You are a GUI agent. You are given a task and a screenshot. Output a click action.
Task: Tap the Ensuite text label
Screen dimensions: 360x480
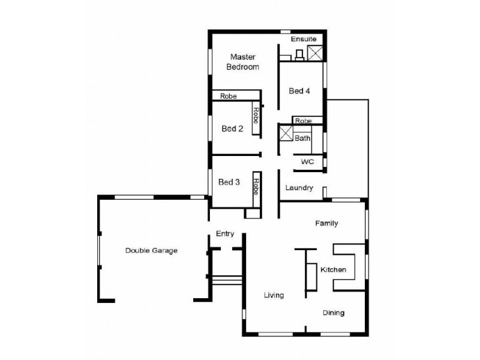(304, 39)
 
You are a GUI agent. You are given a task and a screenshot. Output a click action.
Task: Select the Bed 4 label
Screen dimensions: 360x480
(299, 91)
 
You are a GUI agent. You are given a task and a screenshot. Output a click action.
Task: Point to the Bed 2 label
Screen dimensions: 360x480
(232, 129)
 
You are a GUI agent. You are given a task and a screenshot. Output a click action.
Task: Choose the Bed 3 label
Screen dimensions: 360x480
(229, 182)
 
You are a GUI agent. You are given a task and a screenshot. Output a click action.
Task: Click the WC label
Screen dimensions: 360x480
(307, 162)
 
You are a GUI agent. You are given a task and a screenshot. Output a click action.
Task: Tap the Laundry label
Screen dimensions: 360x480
(299, 188)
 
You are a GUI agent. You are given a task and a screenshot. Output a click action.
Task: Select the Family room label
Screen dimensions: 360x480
(327, 223)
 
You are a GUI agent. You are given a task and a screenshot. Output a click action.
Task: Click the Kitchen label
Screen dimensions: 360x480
(333, 270)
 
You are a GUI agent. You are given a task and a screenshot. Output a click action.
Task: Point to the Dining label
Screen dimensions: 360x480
(334, 313)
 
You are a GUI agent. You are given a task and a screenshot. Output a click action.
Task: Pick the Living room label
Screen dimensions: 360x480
(274, 295)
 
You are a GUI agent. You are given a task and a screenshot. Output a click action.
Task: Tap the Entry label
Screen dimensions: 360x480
(224, 234)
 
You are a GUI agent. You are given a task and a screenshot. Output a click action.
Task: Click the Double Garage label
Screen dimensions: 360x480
(151, 250)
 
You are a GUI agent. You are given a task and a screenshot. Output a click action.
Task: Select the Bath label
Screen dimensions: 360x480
(302, 138)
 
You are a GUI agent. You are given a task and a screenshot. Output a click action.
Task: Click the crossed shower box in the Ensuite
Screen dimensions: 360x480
(315, 53)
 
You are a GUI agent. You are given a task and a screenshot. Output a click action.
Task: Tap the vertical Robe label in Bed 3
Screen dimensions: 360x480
(256, 187)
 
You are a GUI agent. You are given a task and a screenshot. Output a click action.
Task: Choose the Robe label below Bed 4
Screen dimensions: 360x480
(303, 120)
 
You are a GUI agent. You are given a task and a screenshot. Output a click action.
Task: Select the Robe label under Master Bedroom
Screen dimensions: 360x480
(228, 96)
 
